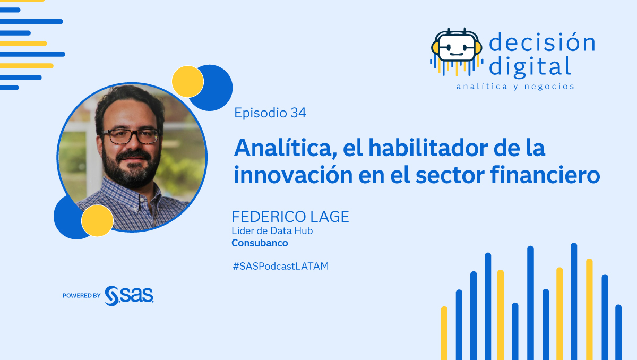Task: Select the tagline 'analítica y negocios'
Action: (515, 86)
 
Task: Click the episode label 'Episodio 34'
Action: (270, 113)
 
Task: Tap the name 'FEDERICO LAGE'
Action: (290, 217)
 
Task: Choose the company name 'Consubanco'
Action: (260, 243)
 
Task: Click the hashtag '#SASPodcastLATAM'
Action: (280, 267)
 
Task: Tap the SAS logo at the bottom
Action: (129, 295)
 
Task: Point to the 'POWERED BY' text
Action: (81, 296)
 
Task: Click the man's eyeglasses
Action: (131, 136)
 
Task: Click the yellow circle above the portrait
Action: (188, 81)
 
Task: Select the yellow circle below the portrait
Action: (97, 220)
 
